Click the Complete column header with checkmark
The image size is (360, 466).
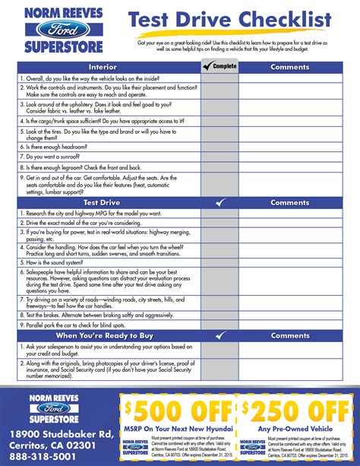click(219, 67)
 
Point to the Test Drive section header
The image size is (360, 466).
click(101, 203)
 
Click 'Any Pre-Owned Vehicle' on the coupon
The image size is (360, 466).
click(297, 429)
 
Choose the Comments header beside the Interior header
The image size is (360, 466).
click(289, 67)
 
